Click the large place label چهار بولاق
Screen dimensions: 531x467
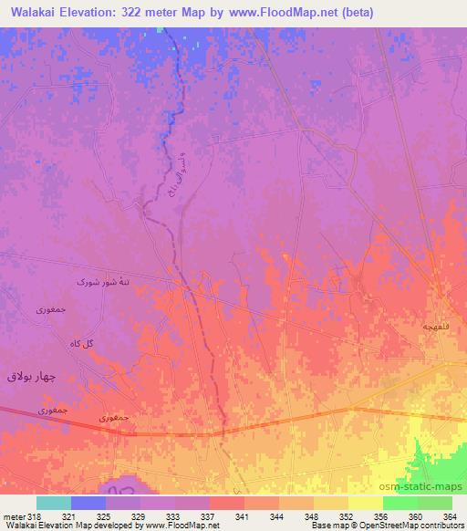click(32, 376)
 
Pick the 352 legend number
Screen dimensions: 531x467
click(344, 515)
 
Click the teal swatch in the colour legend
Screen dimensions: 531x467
click(54, 503)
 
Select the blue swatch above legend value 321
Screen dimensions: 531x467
click(88, 503)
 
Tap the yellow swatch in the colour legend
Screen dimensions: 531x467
click(365, 503)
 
